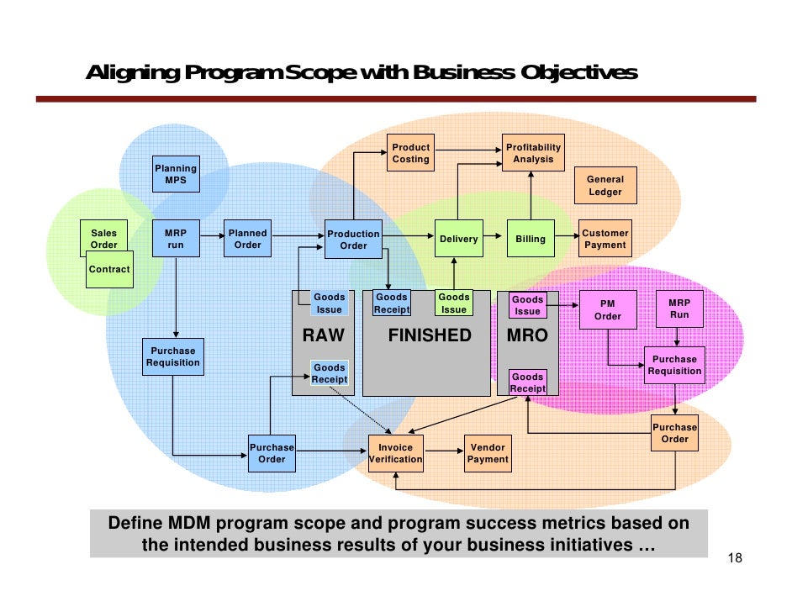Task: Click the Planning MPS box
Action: (x=176, y=174)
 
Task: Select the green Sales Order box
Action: (x=104, y=239)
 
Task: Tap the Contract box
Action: (x=109, y=269)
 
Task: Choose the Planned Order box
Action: (x=247, y=239)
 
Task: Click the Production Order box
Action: (x=353, y=240)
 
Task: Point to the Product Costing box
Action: (x=410, y=153)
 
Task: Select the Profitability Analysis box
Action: (x=533, y=153)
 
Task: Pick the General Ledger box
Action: (x=605, y=186)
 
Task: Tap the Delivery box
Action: (x=458, y=239)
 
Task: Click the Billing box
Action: (x=531, y=239)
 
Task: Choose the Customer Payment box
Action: (x=605, y=239)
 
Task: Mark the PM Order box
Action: (x=607, y=310)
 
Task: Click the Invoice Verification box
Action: (x=395, y=453)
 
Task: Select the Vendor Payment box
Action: (x=488, y=453)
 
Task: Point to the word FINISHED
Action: (x=430, y=336)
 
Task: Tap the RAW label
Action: (x=324, y=336)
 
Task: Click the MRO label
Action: (x=528, y=336)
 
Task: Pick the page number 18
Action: (x=734, y=561)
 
